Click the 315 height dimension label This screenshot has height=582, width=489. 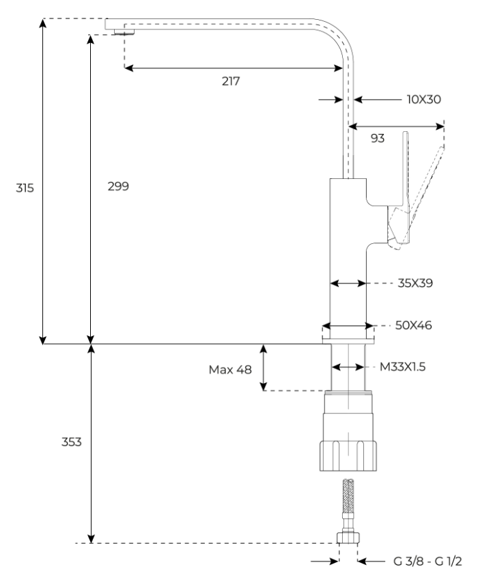click(x=25, y=188)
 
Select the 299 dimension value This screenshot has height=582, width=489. click(x=118, y=186)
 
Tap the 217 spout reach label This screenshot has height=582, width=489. click(x=231, y=81)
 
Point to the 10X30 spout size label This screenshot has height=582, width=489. click(x=423, y=99)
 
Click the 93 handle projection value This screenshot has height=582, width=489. click(x=377, y=138)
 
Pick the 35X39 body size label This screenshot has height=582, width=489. click(x=415, y=283)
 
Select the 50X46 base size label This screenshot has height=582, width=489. click(x=413, y=325)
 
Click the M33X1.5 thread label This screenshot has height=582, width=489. click(x=402, y=367)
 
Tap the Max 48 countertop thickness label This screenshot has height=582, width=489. click(x=230, y=370)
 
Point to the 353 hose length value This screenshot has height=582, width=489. click(x=71, y=442)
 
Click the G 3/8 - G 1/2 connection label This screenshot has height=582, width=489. click(x=428, y=562)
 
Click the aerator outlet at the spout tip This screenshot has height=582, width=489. click(x=124, y=32)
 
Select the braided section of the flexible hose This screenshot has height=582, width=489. click(x=348, y=495)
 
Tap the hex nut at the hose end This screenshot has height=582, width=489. click(x=348, y=538)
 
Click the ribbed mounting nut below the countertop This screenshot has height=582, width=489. click(x=348, y=456)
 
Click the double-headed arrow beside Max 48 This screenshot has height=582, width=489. click(x=264, y=368)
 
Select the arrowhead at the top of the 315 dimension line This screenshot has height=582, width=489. click(x=43, y=23)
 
